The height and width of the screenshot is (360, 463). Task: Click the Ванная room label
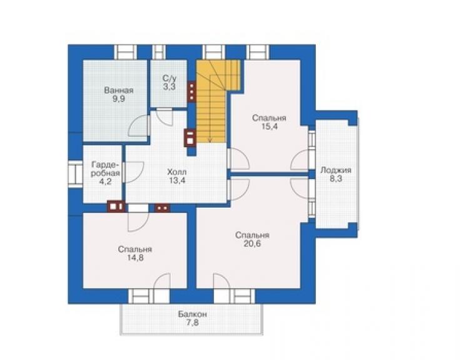tap(119, 90)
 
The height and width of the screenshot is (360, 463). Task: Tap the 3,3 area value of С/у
tap(169, 87)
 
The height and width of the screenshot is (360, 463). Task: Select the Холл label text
tap(177, 172)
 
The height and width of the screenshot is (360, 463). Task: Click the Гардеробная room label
tap(105, 169)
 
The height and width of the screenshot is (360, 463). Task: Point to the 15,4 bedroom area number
tap(269, 126)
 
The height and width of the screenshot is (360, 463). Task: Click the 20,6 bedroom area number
tap(252, 244)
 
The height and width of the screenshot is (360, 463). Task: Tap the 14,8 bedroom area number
tap(135, 258)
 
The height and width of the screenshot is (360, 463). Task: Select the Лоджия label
tap(336, 170)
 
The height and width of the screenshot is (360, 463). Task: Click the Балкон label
tap(192, 314)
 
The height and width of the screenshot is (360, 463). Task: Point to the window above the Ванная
tap(125, 53)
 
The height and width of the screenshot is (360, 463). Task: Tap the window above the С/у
tap(159, 53)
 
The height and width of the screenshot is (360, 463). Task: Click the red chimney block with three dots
tap(191, 91)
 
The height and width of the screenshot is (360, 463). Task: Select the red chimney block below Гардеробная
tap(116, 207)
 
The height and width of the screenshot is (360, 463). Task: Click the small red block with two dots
tap(162, 208)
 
